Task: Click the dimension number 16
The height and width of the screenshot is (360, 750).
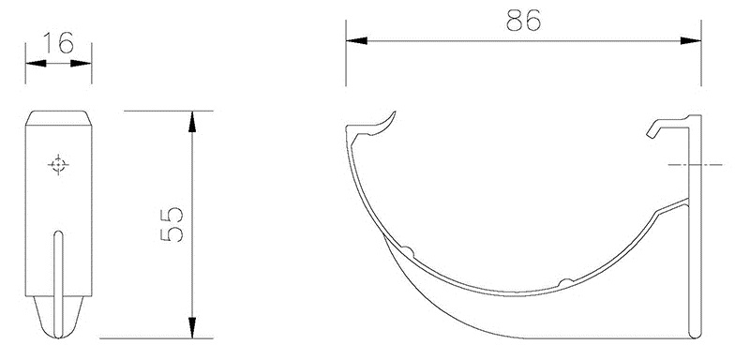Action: click(59, 44)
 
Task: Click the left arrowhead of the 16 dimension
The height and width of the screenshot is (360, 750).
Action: click(32, 65)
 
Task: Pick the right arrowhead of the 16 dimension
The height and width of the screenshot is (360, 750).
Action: click(86, 65)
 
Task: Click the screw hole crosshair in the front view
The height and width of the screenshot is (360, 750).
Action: click(58, 165)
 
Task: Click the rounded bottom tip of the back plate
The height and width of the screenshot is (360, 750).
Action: click(695, 333)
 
